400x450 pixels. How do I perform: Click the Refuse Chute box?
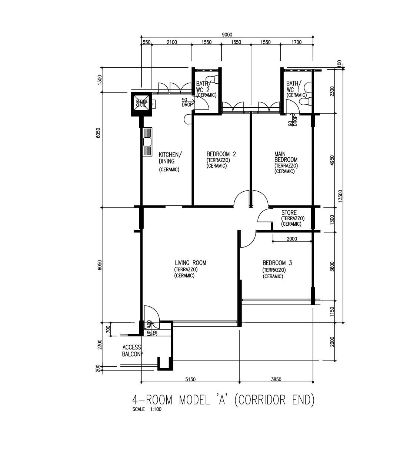[141, 104]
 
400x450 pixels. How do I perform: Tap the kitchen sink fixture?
[147, 142]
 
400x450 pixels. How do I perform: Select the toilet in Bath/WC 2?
[212, 79]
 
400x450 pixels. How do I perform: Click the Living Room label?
[190, 263]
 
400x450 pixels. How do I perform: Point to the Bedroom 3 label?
[277, 263]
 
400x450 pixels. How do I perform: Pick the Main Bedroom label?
[286, 157]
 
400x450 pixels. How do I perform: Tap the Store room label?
[289, 212]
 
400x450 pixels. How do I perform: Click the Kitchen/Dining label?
[170, 158]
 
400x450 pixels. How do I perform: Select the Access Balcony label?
[133, 351]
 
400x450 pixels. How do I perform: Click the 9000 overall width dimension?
[227, 35]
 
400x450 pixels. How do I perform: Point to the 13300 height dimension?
[340, 196]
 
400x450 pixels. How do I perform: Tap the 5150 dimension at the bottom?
[190, 379]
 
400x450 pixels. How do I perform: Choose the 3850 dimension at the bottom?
[276, 379]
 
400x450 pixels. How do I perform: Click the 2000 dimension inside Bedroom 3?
[292, 239]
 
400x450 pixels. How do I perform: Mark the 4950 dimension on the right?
[332, 160]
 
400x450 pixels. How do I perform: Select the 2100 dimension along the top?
[172, 42]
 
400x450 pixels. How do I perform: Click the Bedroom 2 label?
[221, 154]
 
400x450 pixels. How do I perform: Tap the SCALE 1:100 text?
[147, 409]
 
